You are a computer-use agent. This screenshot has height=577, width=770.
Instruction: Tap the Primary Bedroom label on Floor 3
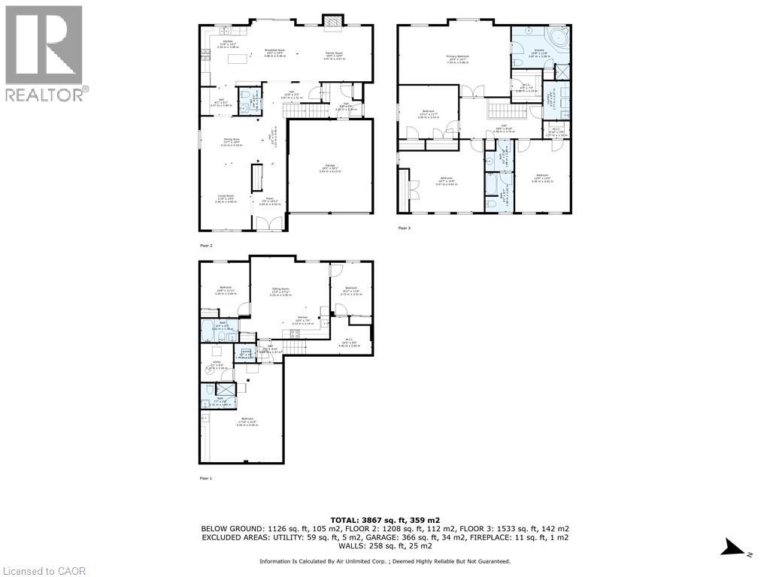pos(453,60)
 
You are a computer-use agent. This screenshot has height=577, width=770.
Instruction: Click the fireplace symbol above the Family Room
pos(332,23)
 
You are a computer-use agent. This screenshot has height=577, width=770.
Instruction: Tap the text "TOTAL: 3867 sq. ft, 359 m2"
pos(384,520)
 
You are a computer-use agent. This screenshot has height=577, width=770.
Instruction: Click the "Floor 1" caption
pos(206,478)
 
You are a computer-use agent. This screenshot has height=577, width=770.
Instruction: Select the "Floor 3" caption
pos(405,231)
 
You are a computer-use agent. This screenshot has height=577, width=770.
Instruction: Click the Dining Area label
pos(231,140)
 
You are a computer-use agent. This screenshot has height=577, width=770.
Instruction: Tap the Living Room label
pos(226,200)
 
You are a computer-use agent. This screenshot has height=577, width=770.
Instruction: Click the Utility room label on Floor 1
pos(217,366)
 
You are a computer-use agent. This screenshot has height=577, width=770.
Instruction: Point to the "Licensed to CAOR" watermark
pos(44,571)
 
